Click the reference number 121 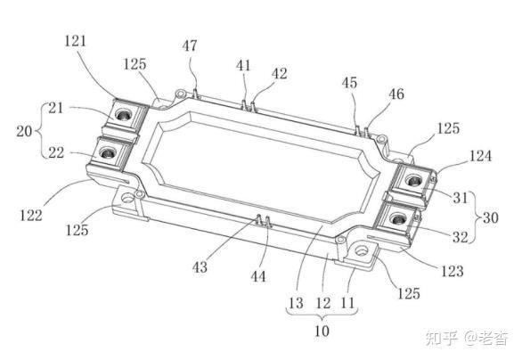coord(76,41)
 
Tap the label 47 coord(190,45)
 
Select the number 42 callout coord(280,74)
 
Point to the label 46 coord(396,94)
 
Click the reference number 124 coord(480,156)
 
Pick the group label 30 coord(490,217)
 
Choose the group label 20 coord(24,131)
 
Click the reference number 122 coord(31,216)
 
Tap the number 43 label coord(200,267)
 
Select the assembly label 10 coord(322,331)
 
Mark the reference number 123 coord(453,271)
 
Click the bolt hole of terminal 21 coord(124,116)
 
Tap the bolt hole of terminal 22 coord(107,153)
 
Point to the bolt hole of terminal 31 coord(413,182)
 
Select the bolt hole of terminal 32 coord(397,219)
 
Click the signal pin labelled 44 coord(268,222)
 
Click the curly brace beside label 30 coord(476,217)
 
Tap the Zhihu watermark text coord(467,339)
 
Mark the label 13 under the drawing coord(296,303)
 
